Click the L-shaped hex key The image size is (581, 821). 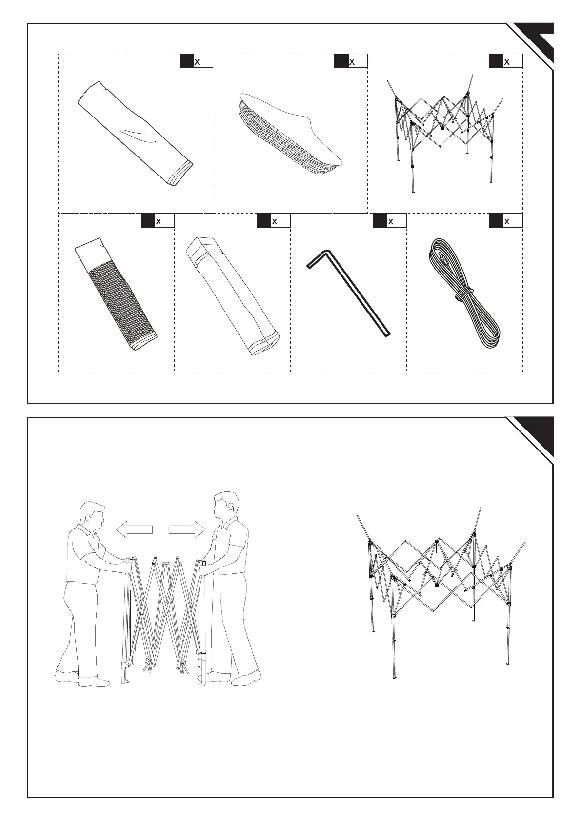(349, 293)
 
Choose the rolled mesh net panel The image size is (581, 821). (117, 294)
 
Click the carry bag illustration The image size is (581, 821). (233, 296)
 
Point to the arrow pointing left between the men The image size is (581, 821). (134, 529)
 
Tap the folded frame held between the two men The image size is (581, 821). (165, 619)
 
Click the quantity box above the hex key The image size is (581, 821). (390, 221)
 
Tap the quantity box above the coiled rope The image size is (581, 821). (506, 221)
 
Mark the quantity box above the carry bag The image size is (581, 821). (274, 221)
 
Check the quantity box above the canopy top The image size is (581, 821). (351, 61)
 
